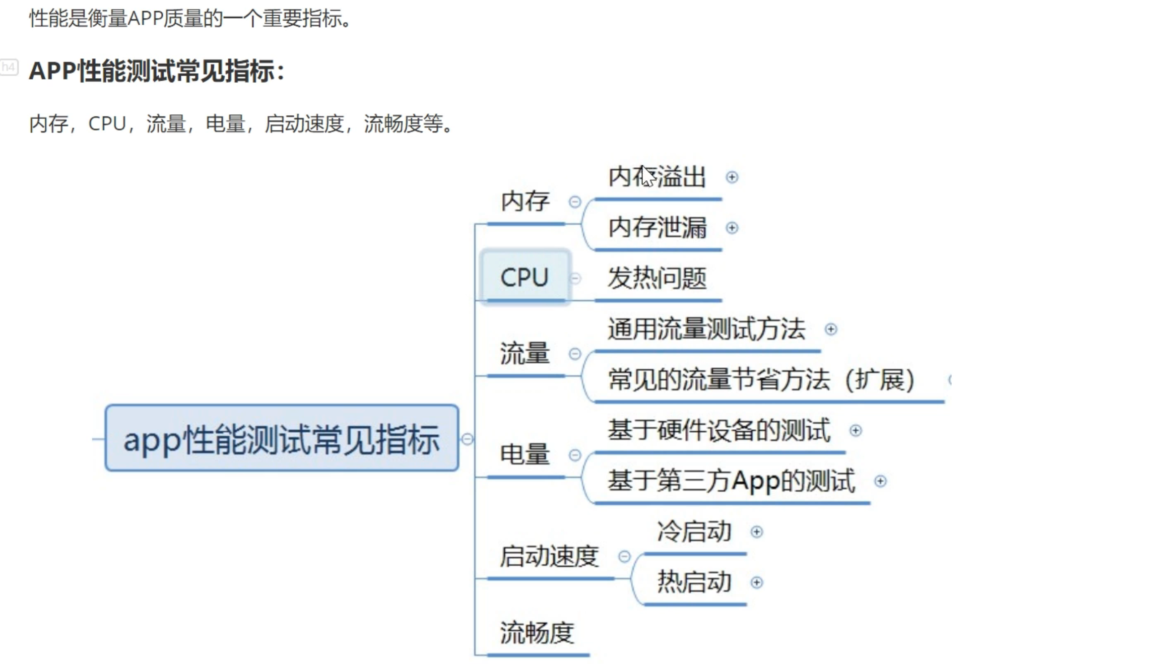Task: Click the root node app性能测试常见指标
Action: click(x=281, y=438)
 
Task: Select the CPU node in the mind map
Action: click(x=525, y=277)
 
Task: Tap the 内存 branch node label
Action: click(x=525, y=202)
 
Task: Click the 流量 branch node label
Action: click(x=525, y=353)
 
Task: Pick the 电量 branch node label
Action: click(x=525, y=454)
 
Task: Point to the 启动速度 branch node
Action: click(x=549, y=556)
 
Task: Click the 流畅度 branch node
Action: click(x=537, y=633)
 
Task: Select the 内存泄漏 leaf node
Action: click(x=657, y=228)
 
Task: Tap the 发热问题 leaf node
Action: click(x=657, y=278)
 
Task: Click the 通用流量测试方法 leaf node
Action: click(x=706, y=329)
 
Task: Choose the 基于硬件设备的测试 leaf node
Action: click(x=719, y=430)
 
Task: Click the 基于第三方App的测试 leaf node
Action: click(x=731, y=481)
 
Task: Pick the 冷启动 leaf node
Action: click(x=694, y=532)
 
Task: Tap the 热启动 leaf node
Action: click(x=694, y=582)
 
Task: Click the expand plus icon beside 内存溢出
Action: click(x=732, y=177)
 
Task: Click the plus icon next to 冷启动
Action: click(x=756, y=532)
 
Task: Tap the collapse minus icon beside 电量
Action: click(x=575, y=455)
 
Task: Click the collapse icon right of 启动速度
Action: click(x=624, y=557)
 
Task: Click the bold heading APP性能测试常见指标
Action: click(x=157, y=71)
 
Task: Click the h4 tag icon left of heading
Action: click(x=9, y=67)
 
